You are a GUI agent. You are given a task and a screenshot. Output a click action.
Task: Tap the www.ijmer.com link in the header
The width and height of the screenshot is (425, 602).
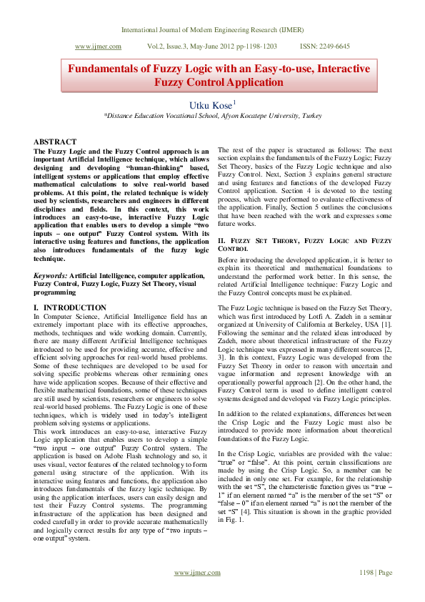pyautogui.click(x=98, y=46)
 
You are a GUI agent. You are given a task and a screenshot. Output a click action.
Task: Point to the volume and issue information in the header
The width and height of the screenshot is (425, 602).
pyautogui.click(x=212, y=46)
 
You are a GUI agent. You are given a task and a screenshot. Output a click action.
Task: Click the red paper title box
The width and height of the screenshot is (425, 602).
pyautogui.click(x=219, y=75)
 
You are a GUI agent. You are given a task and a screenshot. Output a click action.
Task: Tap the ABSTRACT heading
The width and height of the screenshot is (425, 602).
pyautogui.click(x=55, y=142)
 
